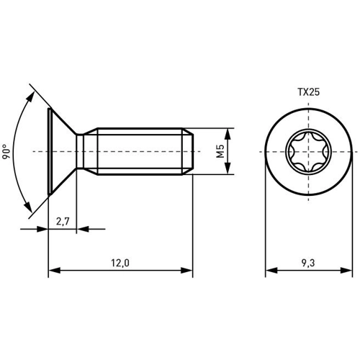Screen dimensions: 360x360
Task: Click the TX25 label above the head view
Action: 309,92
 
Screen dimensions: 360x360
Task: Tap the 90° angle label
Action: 6,152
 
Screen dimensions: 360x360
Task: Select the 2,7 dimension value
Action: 63,221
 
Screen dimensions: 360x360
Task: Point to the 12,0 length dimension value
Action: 120,263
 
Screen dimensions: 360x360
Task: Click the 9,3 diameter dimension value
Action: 308,263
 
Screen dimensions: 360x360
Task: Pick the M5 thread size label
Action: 220,151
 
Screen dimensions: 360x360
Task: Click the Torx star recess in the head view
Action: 308,152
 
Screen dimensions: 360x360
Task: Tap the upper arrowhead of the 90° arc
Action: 30,97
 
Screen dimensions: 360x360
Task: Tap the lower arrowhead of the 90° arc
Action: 28,207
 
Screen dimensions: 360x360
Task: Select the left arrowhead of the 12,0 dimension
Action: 54,271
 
